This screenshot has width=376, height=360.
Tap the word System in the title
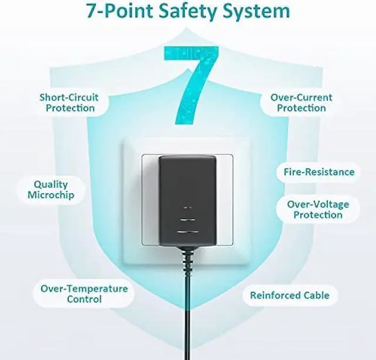(258, 11)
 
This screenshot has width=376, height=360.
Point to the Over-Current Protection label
(301, 103)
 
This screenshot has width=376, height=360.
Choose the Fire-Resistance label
(319, 172)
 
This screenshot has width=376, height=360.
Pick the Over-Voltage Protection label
(318, 210)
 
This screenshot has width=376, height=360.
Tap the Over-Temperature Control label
(84, 294)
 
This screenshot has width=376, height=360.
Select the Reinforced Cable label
(290, 295)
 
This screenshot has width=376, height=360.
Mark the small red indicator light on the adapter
(188, 208)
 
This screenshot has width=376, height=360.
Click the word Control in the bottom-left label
(84, 300)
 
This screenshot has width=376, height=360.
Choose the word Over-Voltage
(318, 204)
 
